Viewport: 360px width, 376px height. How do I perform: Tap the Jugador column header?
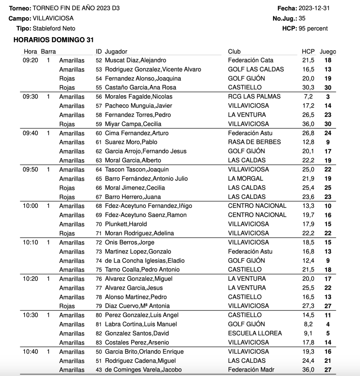point(116,52)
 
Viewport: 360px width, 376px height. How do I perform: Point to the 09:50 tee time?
point(30,170)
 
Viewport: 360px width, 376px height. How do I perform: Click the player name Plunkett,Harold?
point(126,224)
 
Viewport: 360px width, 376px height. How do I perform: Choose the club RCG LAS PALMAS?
point(254,97)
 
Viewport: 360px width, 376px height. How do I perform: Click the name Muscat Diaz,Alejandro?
point(135,60)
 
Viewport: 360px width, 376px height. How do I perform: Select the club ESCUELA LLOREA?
point(255,333)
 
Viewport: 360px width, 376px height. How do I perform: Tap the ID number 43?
point(98,370)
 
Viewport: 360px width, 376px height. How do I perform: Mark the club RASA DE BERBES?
point(254,142)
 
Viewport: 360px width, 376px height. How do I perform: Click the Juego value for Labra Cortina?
point(328,324)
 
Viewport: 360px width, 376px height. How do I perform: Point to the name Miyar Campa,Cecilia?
point(133,124)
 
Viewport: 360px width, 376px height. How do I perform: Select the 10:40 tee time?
point(30,352)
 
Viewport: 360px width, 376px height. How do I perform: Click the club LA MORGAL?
point(245,178)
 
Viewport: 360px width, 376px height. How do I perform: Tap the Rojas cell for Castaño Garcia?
point(67,87)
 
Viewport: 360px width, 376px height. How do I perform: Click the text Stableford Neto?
point(54,28)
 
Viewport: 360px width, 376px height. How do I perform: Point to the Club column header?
point(234,52)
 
